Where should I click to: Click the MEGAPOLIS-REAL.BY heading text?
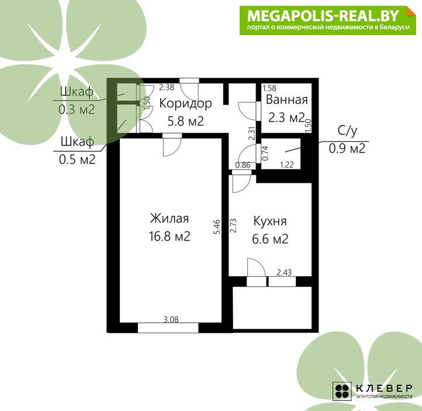point(323,16)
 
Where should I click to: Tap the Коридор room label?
point(185,104)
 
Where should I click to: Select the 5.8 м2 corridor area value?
point(185,121)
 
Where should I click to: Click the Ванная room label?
point(286,100)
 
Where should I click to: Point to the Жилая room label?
point(170,218)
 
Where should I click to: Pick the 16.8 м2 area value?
point(170,236)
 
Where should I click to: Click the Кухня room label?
point(270,222)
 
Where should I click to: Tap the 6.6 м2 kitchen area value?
point(270,239)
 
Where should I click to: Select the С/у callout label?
point(347,131)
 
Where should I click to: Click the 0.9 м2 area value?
point(347,148)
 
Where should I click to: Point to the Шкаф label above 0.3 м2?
point(77,92)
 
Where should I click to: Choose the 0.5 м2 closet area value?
point(77,159)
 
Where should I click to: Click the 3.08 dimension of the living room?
point(171,319)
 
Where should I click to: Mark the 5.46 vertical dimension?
point(217,227)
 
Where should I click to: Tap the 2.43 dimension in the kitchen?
point(284,273)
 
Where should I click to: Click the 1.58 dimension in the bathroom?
point(269,88)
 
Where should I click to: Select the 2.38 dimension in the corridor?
point(167,87)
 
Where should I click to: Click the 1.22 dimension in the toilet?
point(287,165)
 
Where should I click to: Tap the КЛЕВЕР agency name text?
point(385,388)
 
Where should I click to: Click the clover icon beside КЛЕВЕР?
point(342,391)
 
